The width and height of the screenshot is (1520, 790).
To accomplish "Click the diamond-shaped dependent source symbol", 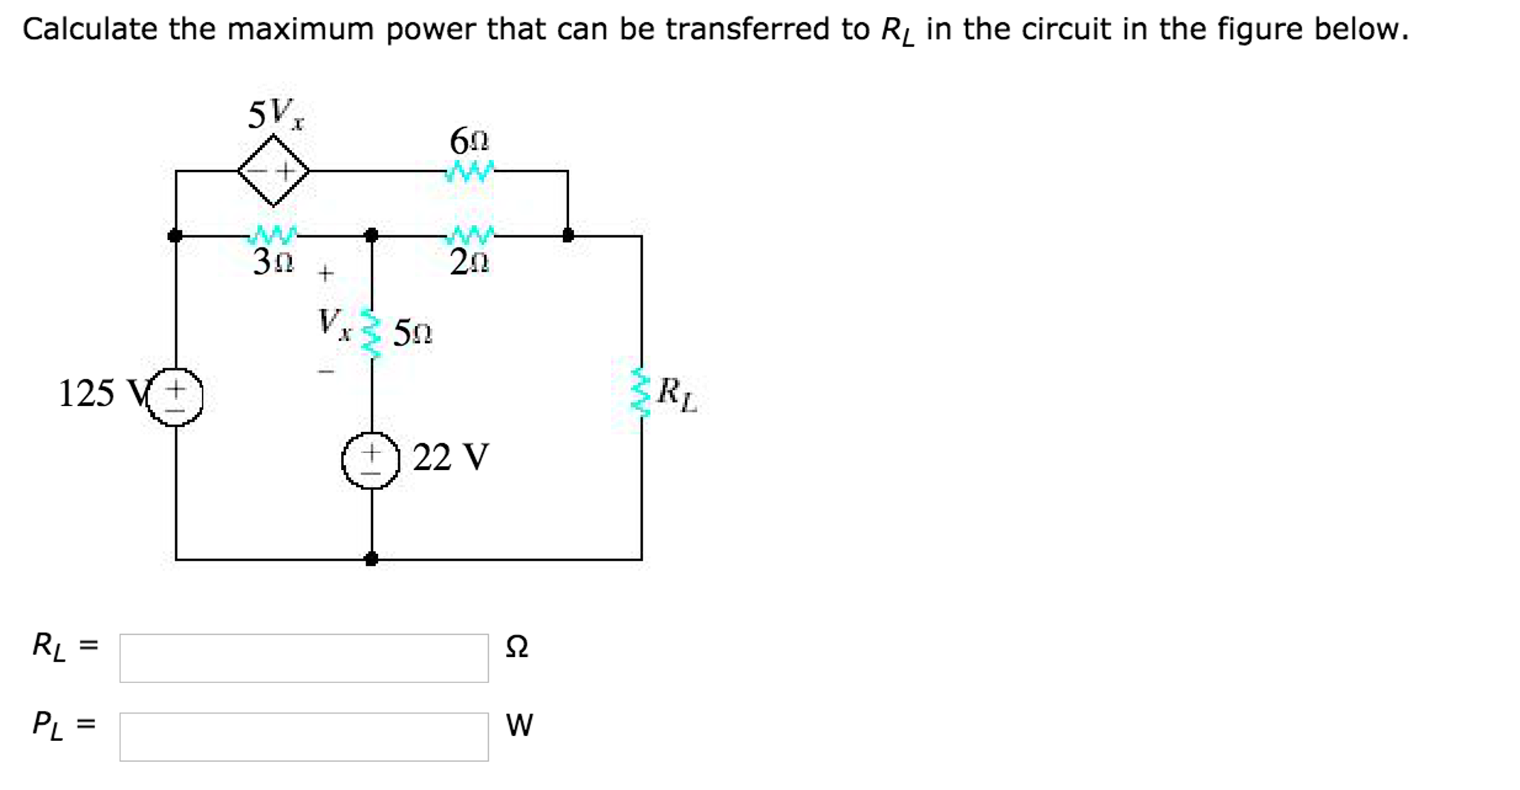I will tap(273, 171).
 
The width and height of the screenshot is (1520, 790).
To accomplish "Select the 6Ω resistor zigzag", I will tap(470, 172).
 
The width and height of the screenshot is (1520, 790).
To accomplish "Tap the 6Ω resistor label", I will tap(470, 141).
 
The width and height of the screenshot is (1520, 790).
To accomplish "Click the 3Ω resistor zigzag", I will tap(273, 235).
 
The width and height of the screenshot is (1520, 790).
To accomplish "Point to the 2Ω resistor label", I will tap(470, 262).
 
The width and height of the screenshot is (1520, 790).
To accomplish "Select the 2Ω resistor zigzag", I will tap(470, 235).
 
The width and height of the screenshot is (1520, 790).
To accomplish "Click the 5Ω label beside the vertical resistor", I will tap(412, 333).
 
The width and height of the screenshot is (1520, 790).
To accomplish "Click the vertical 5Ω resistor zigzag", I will tap(371, 333).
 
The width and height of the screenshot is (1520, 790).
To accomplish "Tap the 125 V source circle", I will tap(175, 397).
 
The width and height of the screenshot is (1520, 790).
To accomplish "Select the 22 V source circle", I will tap(371, 460).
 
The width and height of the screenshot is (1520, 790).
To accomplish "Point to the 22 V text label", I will tap(451, 457).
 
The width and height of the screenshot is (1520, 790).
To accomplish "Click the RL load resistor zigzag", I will tap(640, 392).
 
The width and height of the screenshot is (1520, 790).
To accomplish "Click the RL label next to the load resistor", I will tap(677, 394).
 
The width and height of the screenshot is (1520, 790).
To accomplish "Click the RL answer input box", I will tap(304, 658).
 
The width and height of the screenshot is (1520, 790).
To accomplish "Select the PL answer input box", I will tap(304, 737).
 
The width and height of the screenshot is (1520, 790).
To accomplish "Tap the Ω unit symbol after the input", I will tap(516, 647).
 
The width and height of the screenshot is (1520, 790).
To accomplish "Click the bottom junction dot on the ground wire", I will tap(371, 559).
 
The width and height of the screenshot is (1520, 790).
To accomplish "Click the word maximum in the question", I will tap(300, 30).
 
